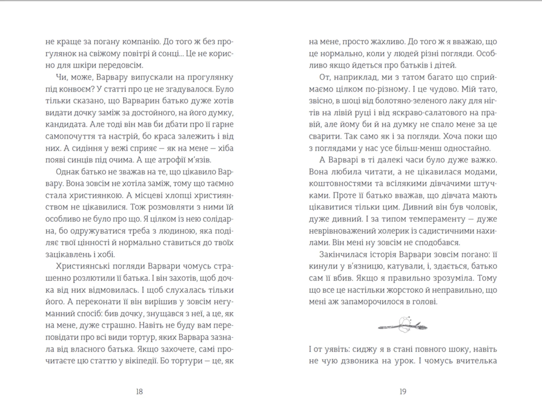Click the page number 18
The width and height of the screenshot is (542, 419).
coord(139,392)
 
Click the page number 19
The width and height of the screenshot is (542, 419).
coord(403,392)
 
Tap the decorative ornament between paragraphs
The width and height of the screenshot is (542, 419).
coord(403,326)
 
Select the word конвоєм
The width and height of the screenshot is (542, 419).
coord(75,89)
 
